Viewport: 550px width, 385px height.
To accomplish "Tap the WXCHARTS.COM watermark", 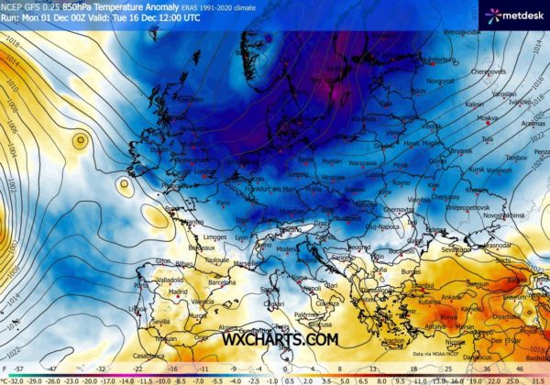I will pyautogui.click(x=280, y=338).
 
